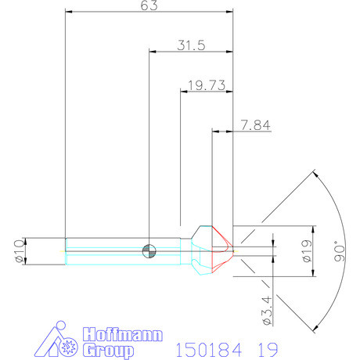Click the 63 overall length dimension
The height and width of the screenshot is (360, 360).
pos(149,6)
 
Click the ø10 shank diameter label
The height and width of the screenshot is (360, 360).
pos(20,251)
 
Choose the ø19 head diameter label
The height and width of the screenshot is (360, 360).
pos(307,250)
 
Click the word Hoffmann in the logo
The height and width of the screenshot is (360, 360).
pos(122,334)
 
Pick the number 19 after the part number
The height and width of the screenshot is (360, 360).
pos(264,347)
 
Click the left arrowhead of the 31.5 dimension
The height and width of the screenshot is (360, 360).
pos(153,52)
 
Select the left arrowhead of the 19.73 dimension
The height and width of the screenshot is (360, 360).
pos(185,91)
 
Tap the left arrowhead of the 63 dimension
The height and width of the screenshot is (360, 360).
pos(69,13)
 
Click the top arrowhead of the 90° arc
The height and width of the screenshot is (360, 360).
pos(315,173)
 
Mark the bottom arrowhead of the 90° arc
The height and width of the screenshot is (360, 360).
pos(315,329)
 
